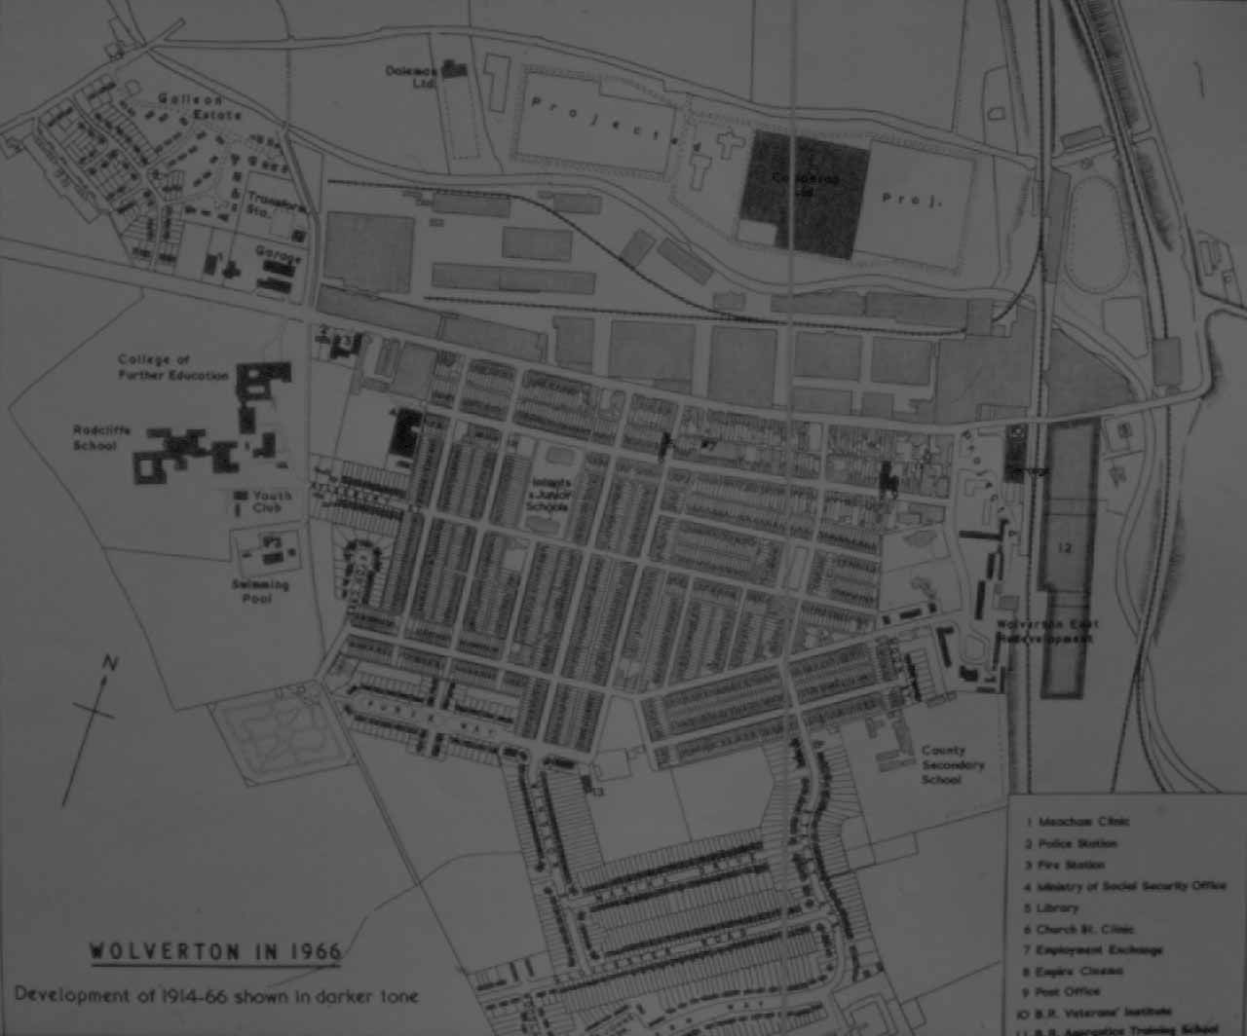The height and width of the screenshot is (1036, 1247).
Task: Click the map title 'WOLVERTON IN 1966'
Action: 215,951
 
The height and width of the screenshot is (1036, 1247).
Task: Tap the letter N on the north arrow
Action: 110,664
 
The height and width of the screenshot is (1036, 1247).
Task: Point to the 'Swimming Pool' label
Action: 260,591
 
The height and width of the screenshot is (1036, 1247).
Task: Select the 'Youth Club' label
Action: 272,501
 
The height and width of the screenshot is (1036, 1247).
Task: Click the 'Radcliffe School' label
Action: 101,437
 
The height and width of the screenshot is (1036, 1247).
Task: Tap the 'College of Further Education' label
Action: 172,367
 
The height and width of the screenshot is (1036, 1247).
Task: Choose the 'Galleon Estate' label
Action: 199,107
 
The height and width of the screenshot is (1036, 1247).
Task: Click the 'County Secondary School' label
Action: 952,764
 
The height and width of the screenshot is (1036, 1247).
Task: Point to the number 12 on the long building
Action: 1064,548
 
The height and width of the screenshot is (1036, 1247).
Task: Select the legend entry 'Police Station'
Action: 1077,843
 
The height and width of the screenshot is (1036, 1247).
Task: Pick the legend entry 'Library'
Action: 1057,907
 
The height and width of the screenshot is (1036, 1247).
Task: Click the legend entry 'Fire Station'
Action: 1071,865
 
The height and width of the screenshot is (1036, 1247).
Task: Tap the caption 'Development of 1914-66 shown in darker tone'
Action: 216,996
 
